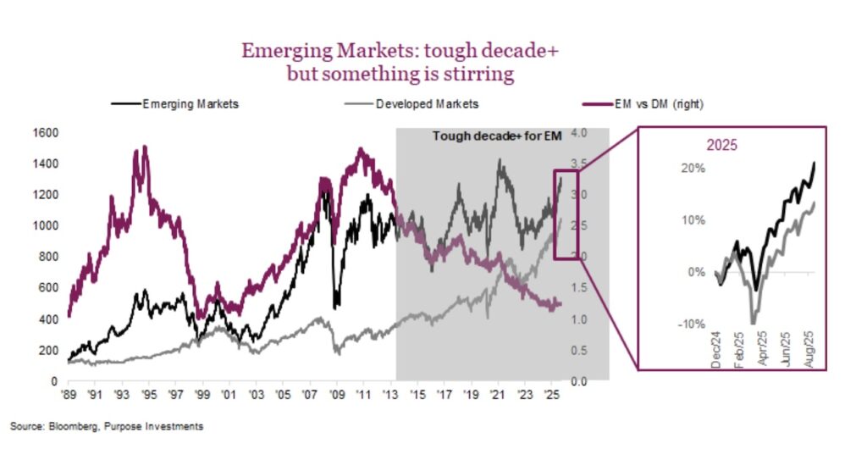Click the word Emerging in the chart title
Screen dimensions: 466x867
288,51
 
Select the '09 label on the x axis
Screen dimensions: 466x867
337,395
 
